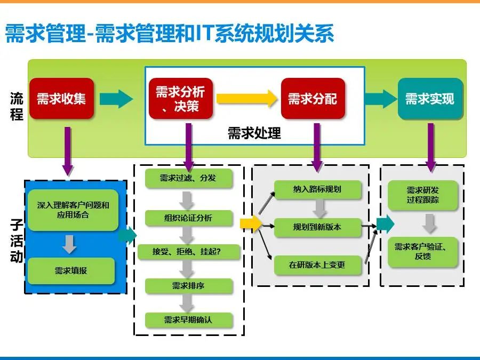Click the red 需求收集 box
click(x=61, y=99)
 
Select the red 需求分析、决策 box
click(x=181, y=99)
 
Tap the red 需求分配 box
click(x=313, y=99)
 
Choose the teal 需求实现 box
click(x=430, y=99)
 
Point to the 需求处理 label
click(x=254, y=133)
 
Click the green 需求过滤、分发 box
click(x=189, y=178)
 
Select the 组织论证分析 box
click(x=189, y=218)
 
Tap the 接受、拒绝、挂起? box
click(x=189, y=252)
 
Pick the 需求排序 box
click(x=189, y=286)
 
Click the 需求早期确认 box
click(x=189, y=320)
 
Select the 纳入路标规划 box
click(x=317, y=189)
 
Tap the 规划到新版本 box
click(x=317, y=227)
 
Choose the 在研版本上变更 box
click(x=317, y=265)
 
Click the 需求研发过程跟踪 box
click(x=423, y=195)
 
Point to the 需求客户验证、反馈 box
click(x=423, y=252)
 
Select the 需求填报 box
click(x=71, y=270)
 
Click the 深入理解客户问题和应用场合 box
click(x=73, y=210)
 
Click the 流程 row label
click(x=17, y=106)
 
